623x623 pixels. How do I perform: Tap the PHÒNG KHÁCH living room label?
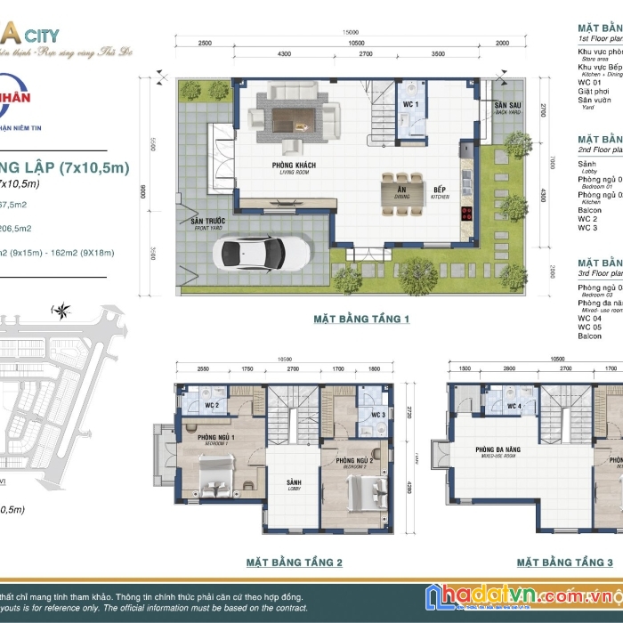click(295, 166)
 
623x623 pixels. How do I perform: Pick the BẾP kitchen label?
click(440, 190)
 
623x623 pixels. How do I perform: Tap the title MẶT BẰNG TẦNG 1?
click(361, 319)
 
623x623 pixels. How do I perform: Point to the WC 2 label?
click(211, 406)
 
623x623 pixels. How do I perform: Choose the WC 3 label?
click(378, 415)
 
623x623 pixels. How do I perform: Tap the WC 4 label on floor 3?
click(514, 407)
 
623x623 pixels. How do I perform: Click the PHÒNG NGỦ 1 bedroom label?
click(216, 438)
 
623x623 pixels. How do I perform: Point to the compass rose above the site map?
click(62, 311)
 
